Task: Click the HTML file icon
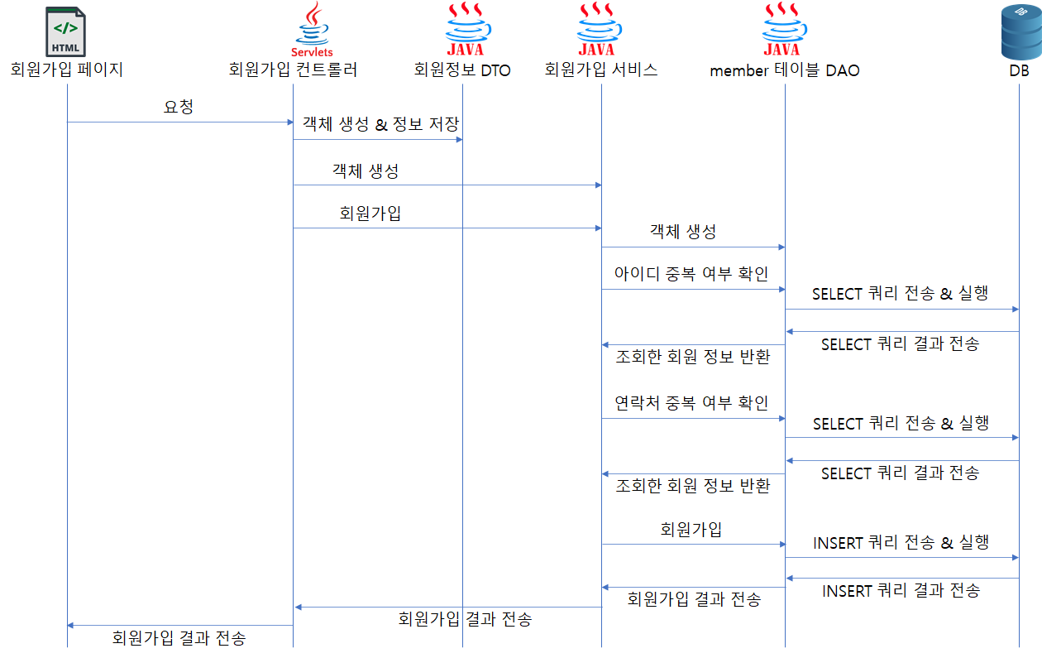point(66,31)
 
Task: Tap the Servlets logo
point(313,29)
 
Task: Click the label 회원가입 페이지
point(66,70)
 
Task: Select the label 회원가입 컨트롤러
point(293,70)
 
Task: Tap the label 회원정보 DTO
point(462,70)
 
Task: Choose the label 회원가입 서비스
point(601,70)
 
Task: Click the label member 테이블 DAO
point(784,70)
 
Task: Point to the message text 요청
point(179,107)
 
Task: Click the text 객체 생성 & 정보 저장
point(380,123)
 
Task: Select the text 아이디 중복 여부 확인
point(691,273)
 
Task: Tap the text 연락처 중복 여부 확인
point(691,402)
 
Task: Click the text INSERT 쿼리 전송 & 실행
point(901,542)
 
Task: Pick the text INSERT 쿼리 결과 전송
point(901,590)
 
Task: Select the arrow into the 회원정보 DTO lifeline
point(377,139)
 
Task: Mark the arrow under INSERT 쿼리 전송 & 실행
point(901,558)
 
